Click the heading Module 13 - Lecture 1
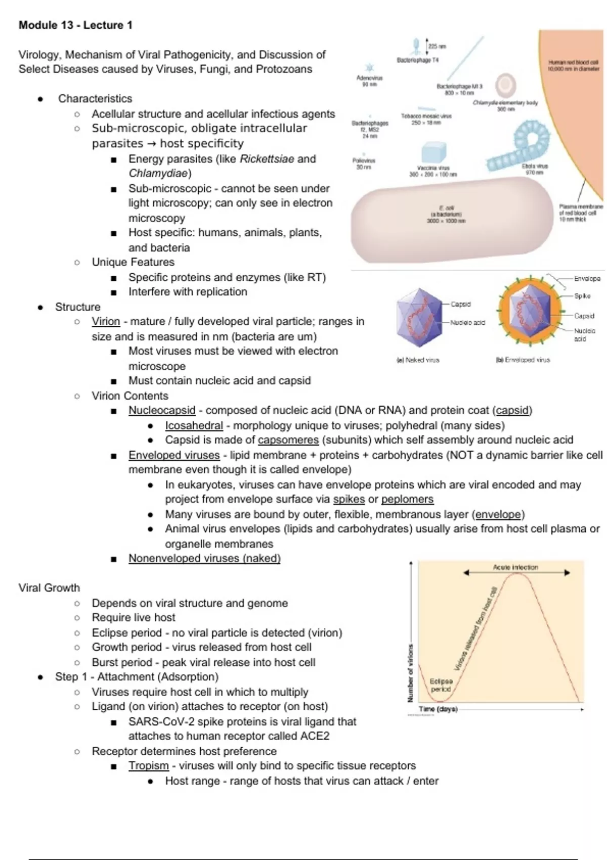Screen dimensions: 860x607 [75, 25]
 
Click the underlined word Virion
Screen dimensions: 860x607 [106, 321]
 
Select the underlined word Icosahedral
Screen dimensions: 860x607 [194, 425]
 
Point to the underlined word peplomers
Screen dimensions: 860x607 [407, 499]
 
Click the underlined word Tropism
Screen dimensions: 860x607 [148, 765]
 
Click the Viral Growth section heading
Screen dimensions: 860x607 [49, 587]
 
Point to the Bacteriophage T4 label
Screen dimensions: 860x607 [417, 60]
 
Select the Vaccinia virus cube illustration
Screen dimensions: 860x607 [433, 152]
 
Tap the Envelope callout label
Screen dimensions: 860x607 [587, 279]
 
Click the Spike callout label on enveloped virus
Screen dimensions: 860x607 [582, 296]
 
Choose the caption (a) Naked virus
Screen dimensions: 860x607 [417, 360]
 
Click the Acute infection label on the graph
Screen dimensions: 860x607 [515, 568]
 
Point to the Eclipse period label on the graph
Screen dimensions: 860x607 [441, 685]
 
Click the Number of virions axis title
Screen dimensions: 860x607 [410, 673]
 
